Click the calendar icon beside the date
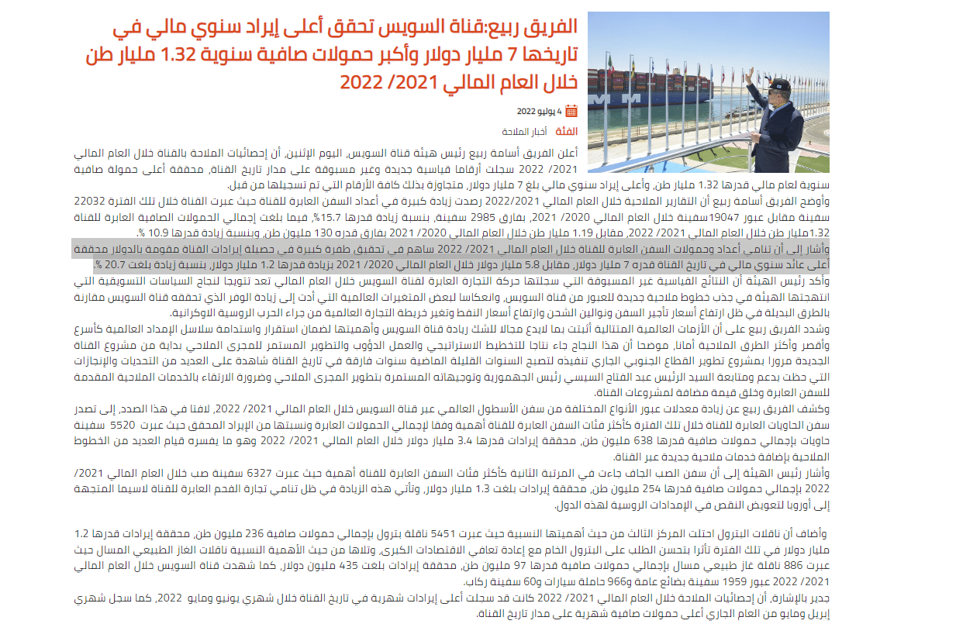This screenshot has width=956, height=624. coord(571,111)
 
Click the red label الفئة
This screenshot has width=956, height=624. coord(565,132)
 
